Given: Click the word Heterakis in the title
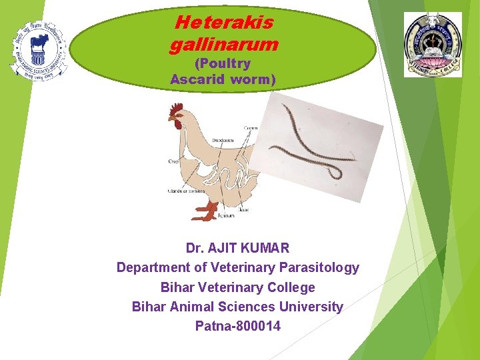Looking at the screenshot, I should (x=224, y=23).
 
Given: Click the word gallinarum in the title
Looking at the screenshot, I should (x=224, y=45).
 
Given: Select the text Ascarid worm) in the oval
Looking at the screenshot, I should (x=223, y=79).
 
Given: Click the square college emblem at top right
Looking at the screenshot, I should (x=432, y=45).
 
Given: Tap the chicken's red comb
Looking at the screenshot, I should (x=176, y=108).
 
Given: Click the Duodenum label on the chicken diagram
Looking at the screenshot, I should (x=223, y=141).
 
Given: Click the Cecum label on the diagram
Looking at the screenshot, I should (x=251, y=127).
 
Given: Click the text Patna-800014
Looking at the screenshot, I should (x=238, y=326).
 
